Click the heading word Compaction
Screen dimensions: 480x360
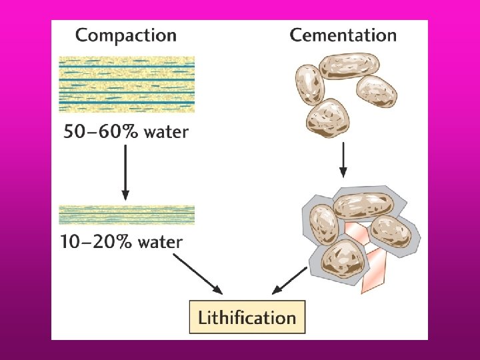[126, 35]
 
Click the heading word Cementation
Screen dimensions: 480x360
[343, 35]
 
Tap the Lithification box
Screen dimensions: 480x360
[247, 317]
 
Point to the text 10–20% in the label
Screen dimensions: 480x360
[96, 241]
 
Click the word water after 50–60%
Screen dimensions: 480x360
[165, 131]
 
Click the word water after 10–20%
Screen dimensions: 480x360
[160, 241]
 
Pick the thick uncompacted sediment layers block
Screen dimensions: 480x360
[127, 84]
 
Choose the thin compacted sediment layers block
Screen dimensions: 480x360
[127, 215]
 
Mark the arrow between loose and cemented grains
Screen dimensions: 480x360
[343, 160]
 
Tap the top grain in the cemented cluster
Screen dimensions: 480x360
[360, 206]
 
